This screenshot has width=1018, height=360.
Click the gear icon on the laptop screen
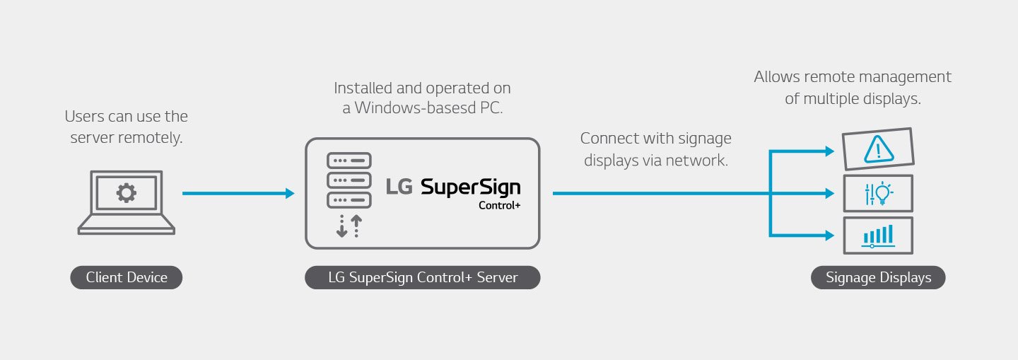click(x=127, y=192)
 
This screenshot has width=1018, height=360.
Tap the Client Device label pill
click(x=127, y=277)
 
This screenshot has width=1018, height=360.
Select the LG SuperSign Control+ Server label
click(x=423, y=277)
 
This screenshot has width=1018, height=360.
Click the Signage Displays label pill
click(x=878, y=277)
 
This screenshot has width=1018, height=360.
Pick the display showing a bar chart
click(x=878, y=236)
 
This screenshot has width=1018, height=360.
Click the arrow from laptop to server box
click(x=238, y=193)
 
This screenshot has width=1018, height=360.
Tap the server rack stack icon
click(x=349, y=180)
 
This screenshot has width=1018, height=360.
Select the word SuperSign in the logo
click(x=470, y=187)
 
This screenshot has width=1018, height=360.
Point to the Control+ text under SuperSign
click(x=499, y=206)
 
